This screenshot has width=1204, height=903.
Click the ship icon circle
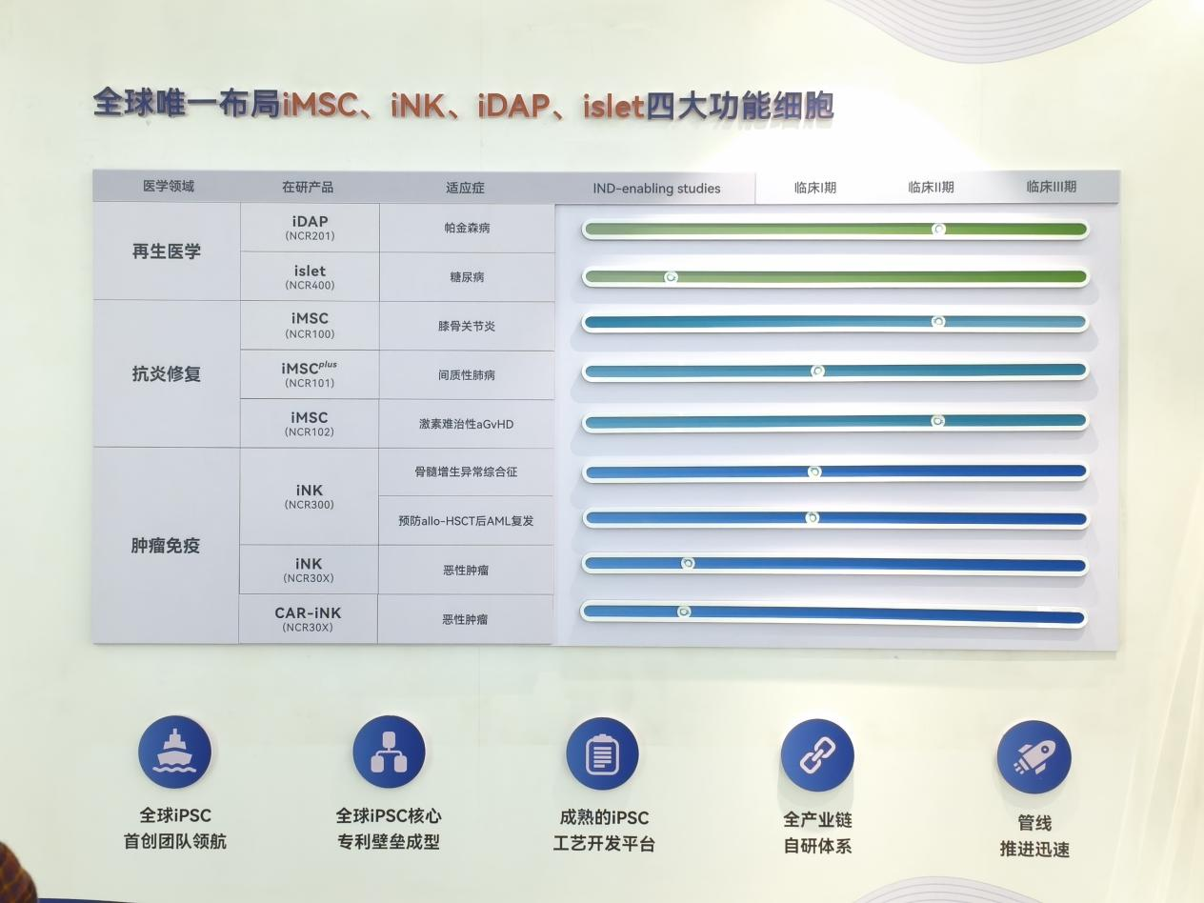pyautogui.click(x=174, y=752)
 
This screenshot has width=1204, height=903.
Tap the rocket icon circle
pyautogui.click(x=1033, y=757)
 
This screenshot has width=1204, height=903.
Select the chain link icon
pyautogui.click(x=817, y=755)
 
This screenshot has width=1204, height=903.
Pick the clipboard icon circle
pyautogui.click(x=602, y=753)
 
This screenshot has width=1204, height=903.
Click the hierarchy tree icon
pyautogui.click(x=389, y=752)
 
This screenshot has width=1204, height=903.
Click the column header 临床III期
pyautogui.click(x=1051, y=187)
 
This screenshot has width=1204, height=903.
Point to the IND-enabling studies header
pyautogui.click(x=656, y=188)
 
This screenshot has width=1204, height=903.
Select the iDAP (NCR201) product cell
pyautogui.click(x=310, y=228)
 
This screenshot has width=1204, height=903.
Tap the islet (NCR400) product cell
pyautogui.click(x=310, y=277)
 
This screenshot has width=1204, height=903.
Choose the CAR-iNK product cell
pyautogui.click(x=308, y=619)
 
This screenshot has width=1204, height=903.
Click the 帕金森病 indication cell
pyautogui.click(x=467, y=228)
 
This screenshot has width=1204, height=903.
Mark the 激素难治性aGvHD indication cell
pyautogui.click(x=466, y=424)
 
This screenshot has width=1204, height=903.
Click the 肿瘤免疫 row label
pyautogui.click(x=165, y=546)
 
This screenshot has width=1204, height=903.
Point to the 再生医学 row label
pyautogui.click(x=166, y=251)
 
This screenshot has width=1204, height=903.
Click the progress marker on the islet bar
pyautogui.click(x=671, y=277)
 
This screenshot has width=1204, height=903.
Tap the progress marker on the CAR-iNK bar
pyautogui.click(x=684, y=612)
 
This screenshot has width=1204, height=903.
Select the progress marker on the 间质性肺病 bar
pyautogui.click(x=817, y=371)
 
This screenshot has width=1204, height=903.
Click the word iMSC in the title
pyautogui.click(x=320, y=105)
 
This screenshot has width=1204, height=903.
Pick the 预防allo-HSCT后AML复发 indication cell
pyautogui.click(x=466, y=521)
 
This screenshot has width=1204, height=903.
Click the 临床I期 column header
pyautogui.click(x=815, y=188)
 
